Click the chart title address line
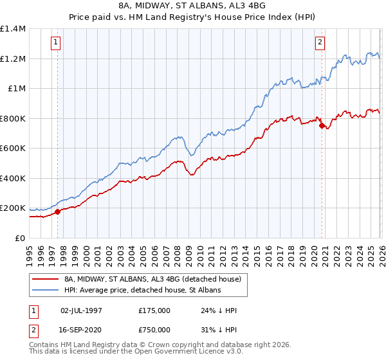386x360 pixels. (192, 6)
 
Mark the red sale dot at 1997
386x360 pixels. (57, 212)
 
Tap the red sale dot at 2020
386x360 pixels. (322, 126)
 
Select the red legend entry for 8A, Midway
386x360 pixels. (152, 279)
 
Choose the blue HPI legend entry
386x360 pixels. (142, 290)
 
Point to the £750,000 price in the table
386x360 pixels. (154, 328)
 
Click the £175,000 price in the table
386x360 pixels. (154, 310)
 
